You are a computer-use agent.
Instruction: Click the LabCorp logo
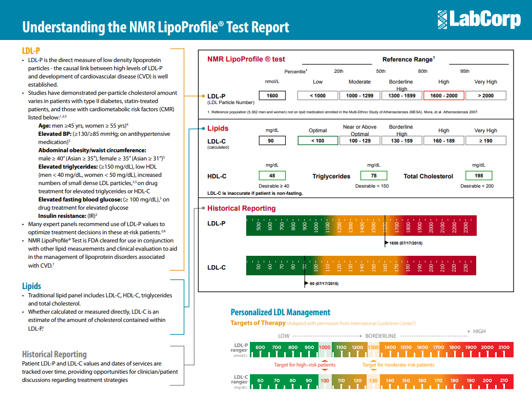coord(479,20)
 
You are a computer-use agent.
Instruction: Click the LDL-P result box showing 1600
coord(272,95)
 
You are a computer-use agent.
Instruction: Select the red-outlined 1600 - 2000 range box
coord(443,95)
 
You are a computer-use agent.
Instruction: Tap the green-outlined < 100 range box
coord(317,140)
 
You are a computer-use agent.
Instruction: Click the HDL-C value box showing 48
coord(272,176)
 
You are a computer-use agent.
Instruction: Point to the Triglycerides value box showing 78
coord(373,176)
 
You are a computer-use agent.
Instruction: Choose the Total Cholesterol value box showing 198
coord(478,176)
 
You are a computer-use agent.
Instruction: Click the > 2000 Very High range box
coord(485,95)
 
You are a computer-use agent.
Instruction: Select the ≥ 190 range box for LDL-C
coord(485,140)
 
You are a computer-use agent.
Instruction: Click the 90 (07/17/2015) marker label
coord(323,283)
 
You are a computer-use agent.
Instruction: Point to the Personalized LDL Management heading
coord(280,312)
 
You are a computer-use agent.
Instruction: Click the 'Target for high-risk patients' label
coord(305,365)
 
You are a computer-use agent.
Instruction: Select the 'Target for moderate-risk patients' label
coord(398,365)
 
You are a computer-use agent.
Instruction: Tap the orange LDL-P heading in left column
coord(31,50)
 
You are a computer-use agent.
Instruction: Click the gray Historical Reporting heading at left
coord(54,354)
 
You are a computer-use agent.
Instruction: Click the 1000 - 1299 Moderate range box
coord(359,95)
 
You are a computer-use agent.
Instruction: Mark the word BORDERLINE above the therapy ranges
coord(380,336)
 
